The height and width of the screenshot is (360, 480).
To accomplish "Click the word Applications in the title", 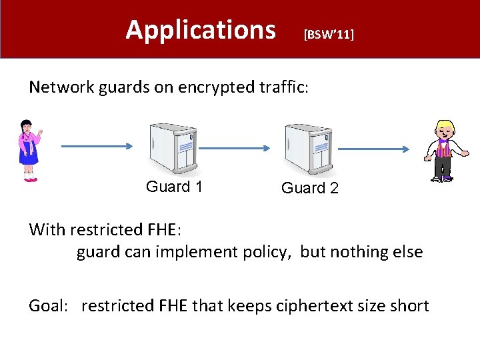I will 200,30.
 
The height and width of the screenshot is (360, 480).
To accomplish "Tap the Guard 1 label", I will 174,187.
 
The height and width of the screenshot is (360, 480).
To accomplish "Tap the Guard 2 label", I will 309,188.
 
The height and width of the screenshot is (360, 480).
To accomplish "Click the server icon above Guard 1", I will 173,149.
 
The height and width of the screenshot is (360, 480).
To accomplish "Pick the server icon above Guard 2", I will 308,149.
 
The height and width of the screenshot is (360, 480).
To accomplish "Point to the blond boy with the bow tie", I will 443,151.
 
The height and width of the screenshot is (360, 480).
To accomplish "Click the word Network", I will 63,87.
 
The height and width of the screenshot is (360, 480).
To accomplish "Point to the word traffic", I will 284,87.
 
